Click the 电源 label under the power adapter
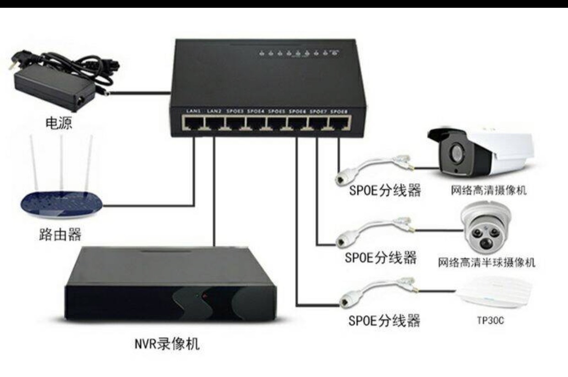click(59, 123)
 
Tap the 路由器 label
click(59, 235)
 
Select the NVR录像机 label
click(167, 344)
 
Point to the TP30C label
click(490, 321)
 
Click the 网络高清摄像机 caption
click(488, 190)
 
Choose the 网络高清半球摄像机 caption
click(487, 263)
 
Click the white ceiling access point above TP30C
click(493, 292)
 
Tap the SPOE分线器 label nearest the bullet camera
click(385, 190)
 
